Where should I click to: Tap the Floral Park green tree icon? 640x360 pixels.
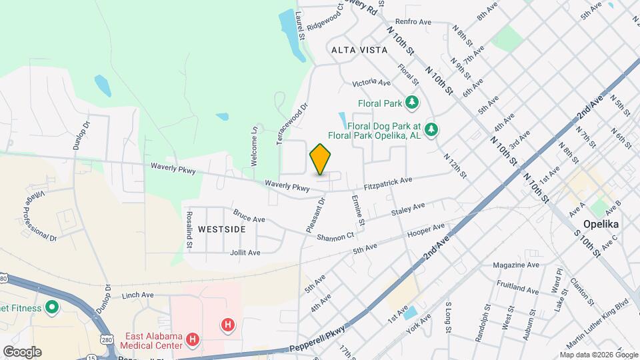point(412,103)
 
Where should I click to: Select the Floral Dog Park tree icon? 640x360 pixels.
point(431,129)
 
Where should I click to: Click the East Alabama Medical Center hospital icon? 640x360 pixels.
point(193,340)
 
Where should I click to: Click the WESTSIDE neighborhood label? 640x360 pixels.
point(222,229)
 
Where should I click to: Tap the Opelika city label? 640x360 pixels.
point(601,224)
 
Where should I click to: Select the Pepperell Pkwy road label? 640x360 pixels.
point(319,339)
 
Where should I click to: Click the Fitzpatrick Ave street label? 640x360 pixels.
point(389,183)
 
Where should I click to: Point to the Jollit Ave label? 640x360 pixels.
point(245,253)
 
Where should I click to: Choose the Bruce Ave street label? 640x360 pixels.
point(249,216)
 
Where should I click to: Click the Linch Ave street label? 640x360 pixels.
point(138,294)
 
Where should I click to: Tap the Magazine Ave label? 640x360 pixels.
point(516,265)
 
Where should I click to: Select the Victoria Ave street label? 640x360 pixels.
point(371,83)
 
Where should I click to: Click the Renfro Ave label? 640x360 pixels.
point(417,22)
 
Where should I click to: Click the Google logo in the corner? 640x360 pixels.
point(22,351)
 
